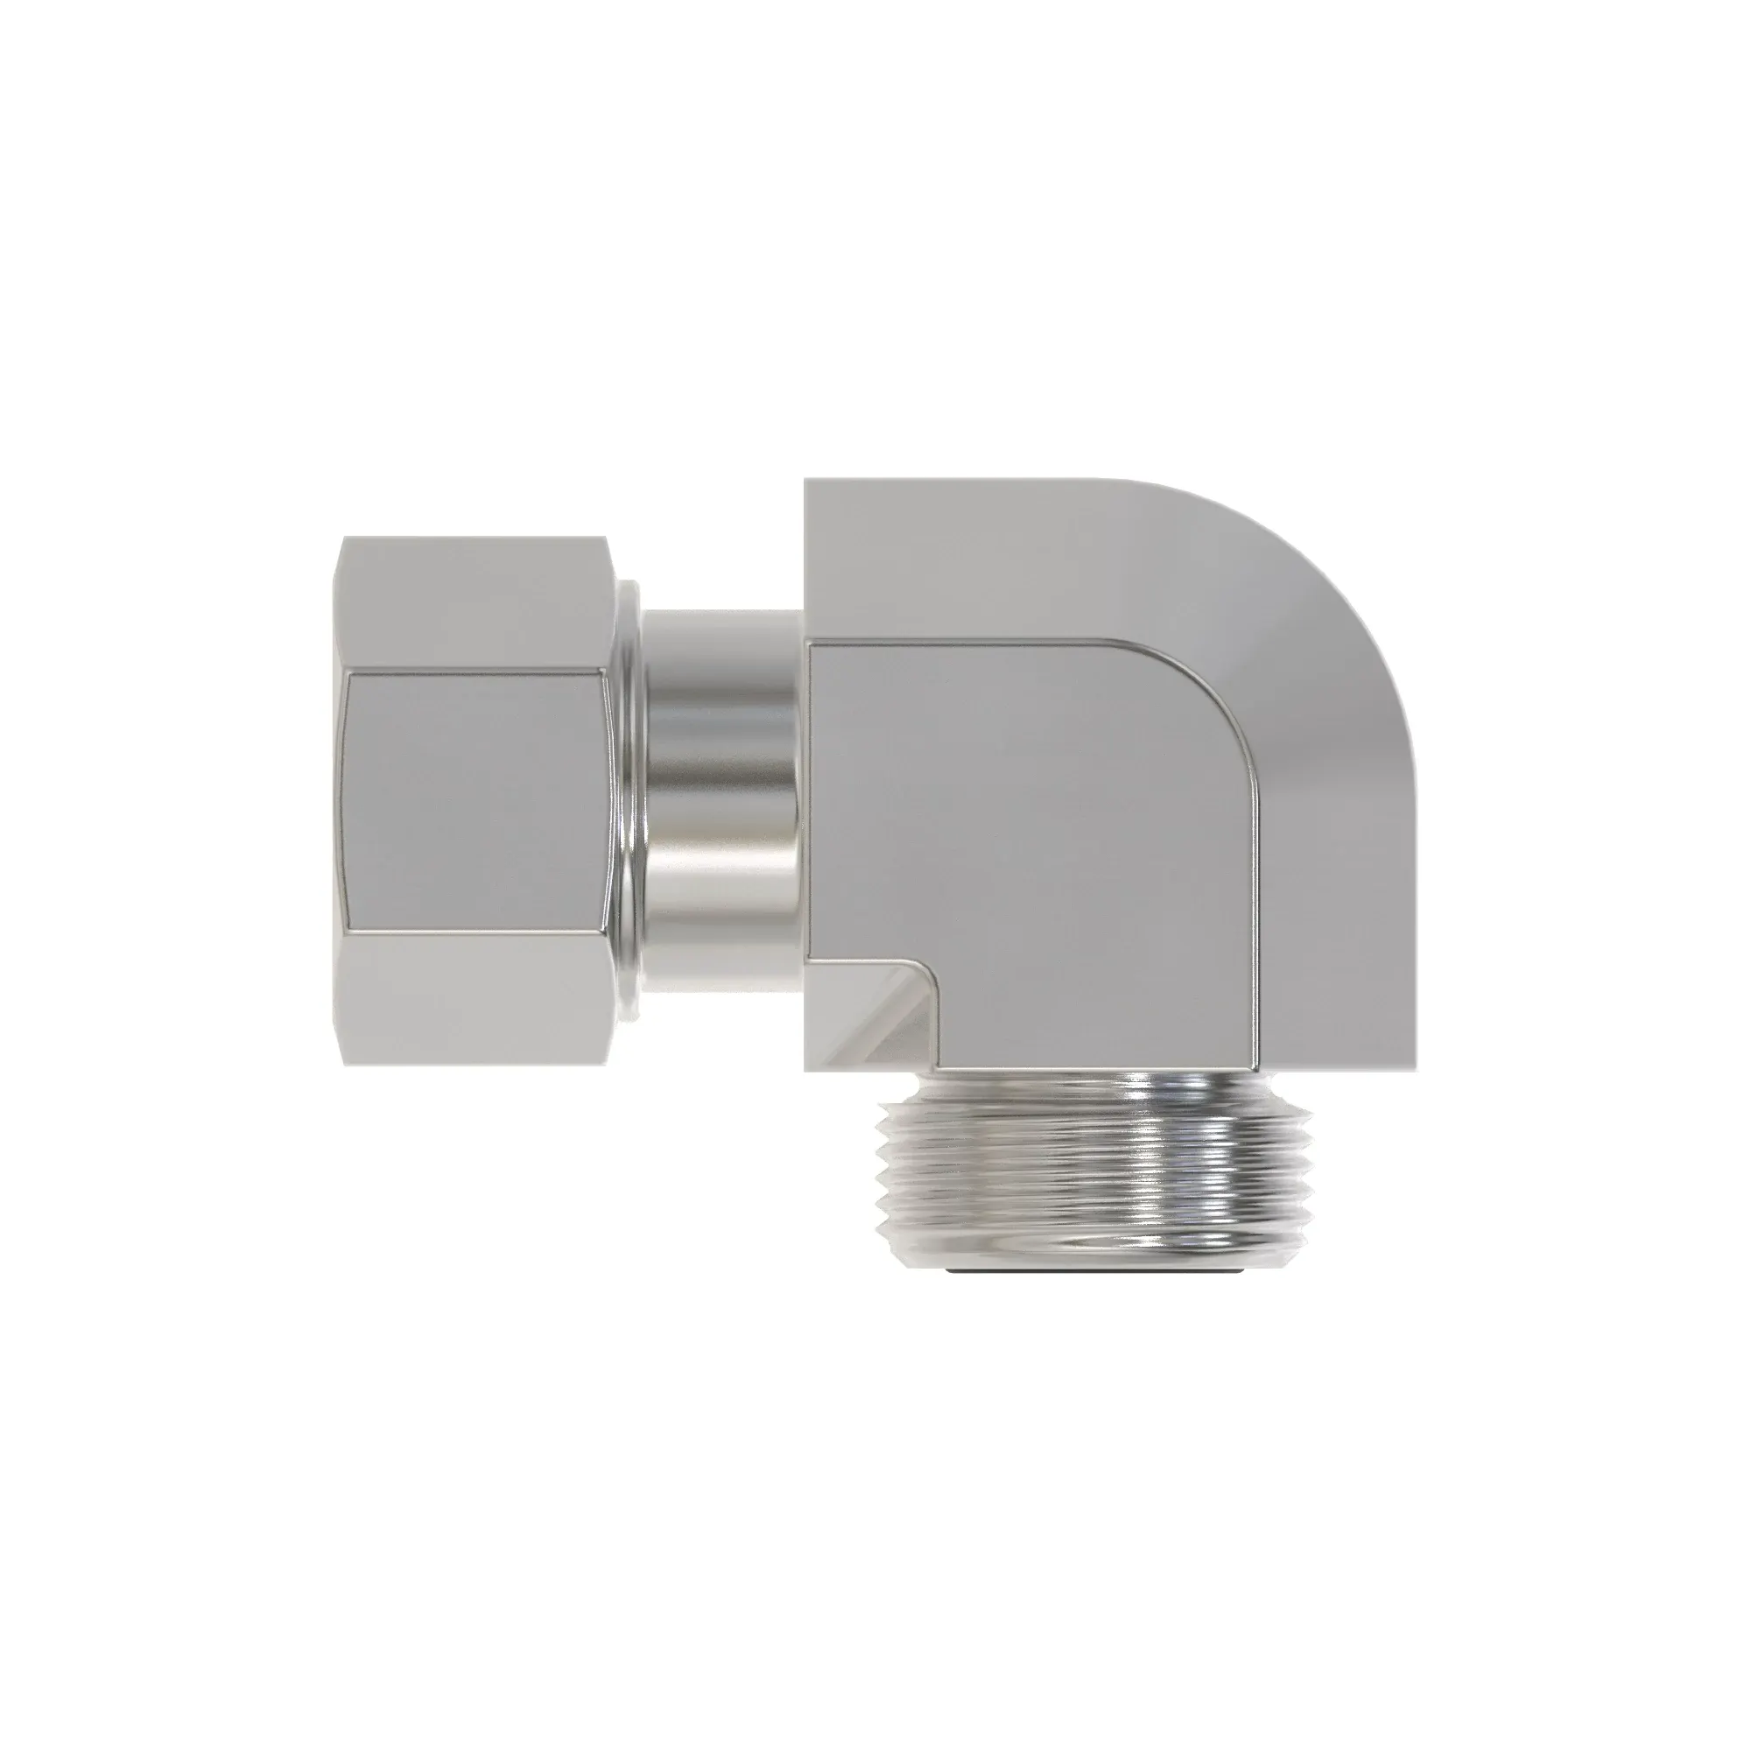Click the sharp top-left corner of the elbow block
tap(805, 482)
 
